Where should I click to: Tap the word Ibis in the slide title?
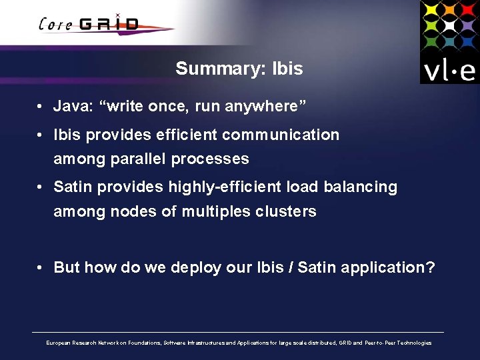click(288, 69)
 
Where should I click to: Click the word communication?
click(281, 135)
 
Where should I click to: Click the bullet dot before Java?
click(41, 107)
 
